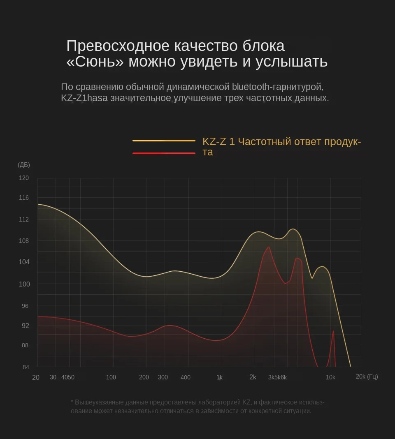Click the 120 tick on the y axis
[24, 178]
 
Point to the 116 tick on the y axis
[24, 198]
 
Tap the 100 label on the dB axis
[24, 284]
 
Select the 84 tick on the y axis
[25, 367]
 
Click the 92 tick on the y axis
[25, 326]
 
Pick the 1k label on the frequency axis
[219, 377]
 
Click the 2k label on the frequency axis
[253, 377]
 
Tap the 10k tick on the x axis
[330, 377]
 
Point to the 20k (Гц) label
[367, 377]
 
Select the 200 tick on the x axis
[144, 377]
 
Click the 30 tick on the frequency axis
[53, 377]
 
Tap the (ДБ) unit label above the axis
[24, 165]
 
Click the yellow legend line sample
[164, 141]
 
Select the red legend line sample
[164, 153]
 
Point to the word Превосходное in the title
[117, 46]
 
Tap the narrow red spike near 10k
[333, 331]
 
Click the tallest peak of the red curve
[269, 247]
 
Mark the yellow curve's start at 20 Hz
[38, 204]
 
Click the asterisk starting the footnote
[72, 402]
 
